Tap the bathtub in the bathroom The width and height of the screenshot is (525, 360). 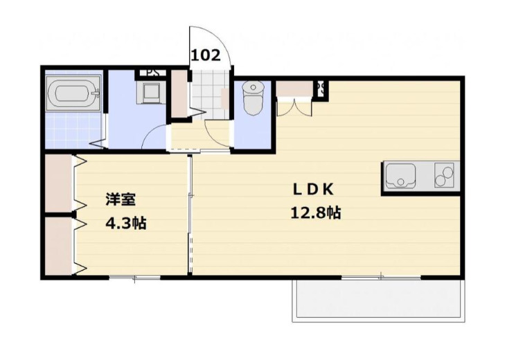click(73, 94)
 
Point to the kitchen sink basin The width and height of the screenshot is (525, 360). click(400, 177)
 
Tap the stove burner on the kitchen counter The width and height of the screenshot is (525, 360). click(443, 176)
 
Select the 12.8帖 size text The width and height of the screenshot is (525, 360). click(315, 213)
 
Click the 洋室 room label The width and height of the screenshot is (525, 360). click(121, 201)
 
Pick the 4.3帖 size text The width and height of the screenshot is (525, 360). click(125, 224)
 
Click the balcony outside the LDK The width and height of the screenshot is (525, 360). click(380, 298)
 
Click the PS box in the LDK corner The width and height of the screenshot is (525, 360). click(321, 89)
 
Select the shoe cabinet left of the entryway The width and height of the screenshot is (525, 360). click(179, 93)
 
